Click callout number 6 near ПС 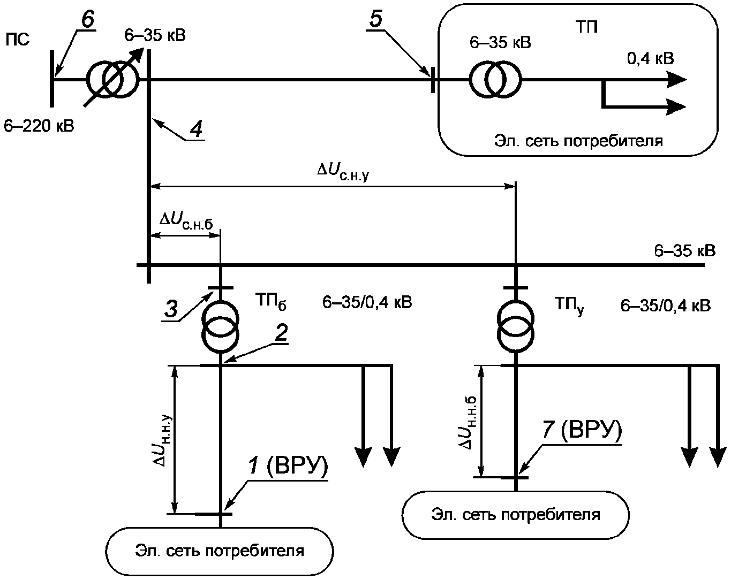coord(88,19)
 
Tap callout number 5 coord(376,18)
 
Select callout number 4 coord(196,129)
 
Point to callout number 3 coord(171,309)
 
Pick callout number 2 coord(281,333)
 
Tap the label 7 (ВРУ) coord(582,429)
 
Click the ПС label coord(17,40)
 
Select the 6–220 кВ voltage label coord(39,126)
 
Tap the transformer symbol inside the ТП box coord(495,80)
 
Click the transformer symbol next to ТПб coord(221,327)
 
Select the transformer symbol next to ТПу coord(516,327)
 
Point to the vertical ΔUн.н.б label coord(468,423)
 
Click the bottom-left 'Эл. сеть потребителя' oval coord(220,552)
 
